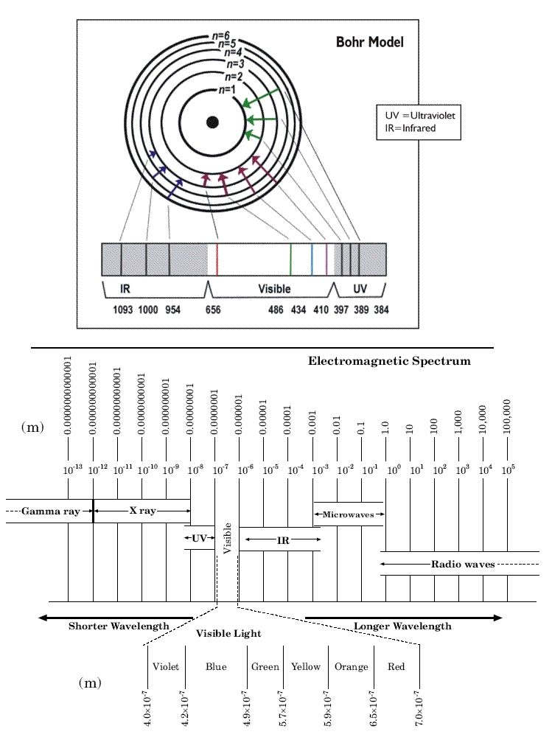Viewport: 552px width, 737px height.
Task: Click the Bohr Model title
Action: [369, 43]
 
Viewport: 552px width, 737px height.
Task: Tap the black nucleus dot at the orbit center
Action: [212, 122]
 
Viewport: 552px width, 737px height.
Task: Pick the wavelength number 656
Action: [213, 310]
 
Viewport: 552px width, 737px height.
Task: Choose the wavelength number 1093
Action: [122, 310]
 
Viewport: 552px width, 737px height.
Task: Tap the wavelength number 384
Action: [381, 310]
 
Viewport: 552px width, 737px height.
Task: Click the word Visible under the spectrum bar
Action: [273, 289]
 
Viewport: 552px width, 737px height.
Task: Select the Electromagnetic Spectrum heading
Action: [389, 361]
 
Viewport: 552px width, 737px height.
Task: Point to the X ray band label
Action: [142, 510]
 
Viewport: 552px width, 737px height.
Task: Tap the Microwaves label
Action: [349, 514]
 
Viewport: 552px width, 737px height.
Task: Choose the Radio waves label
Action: [463, 564]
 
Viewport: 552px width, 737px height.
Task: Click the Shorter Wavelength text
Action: [119, 626]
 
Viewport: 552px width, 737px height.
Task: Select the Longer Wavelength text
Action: [402, 626]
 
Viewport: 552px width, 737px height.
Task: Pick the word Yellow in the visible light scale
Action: [306, 667]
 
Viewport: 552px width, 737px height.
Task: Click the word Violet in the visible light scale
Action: [166, 667]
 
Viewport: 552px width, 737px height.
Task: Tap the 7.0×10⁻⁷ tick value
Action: [418, 708]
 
